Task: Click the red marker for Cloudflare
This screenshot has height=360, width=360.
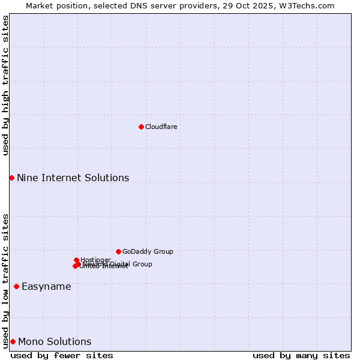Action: coord(141,127)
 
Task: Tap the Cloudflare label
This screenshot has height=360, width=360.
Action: coord(161,127)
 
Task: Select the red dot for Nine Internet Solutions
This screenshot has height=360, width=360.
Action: coord(11,178)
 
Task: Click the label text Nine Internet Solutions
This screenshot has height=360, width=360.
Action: coord(73,178)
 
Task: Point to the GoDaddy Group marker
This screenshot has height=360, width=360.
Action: coord(118,251)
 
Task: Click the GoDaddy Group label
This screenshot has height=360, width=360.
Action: coord(148,251)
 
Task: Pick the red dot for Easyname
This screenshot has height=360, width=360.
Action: coord(16,286)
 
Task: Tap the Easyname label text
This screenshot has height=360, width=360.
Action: coord(46,286)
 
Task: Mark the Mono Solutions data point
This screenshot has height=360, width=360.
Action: coord(13,341)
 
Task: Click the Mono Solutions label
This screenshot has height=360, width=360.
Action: coord(55,341)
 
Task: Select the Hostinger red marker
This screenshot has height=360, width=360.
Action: coord(76,260)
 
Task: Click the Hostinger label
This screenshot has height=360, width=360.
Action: coord(95,260)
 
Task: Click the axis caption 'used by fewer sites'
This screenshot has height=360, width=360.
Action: coord(62,355)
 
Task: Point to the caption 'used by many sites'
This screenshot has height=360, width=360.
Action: coord(301,355)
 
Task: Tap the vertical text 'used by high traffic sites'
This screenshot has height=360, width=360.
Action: coord(5,85)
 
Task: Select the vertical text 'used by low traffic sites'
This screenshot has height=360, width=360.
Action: coord(5,280)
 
